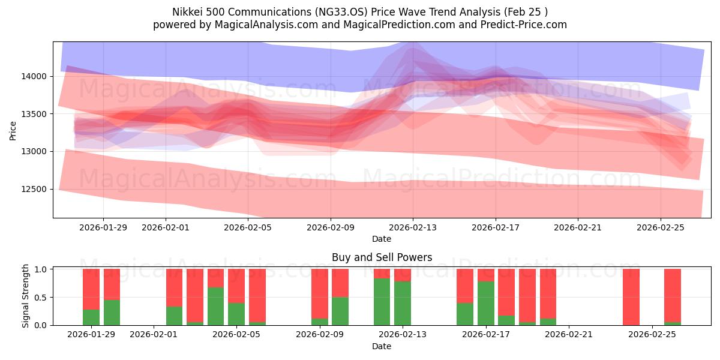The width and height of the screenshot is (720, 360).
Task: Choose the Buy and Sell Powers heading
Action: (382, 257)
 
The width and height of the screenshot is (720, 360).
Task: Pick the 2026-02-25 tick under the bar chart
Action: (652, 335)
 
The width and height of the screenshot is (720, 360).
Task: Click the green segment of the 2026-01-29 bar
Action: (91, 317)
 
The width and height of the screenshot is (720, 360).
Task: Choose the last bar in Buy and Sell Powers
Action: (672, 296)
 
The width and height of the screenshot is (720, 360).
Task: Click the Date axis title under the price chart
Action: (382, 239)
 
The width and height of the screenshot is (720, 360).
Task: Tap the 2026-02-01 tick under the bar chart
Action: (154, 335)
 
